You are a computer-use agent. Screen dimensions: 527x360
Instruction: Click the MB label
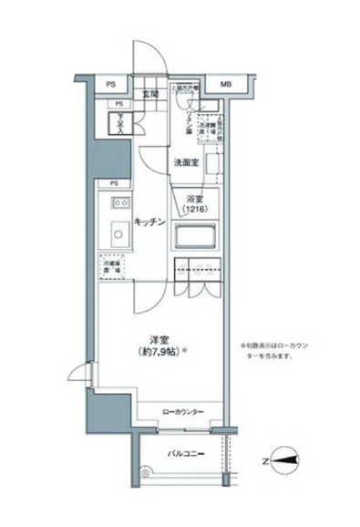click(x=224, y=86)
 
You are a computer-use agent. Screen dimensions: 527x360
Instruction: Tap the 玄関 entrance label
click(x=150, y=93)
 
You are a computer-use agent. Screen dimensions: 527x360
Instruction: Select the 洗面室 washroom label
click(x=186, y=162)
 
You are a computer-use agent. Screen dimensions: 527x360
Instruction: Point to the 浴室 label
click(x=194, y=199)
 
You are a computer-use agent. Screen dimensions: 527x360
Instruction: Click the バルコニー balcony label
click(x=186, y=454)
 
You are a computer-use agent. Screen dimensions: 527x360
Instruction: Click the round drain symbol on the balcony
click(x=145, y=470)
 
